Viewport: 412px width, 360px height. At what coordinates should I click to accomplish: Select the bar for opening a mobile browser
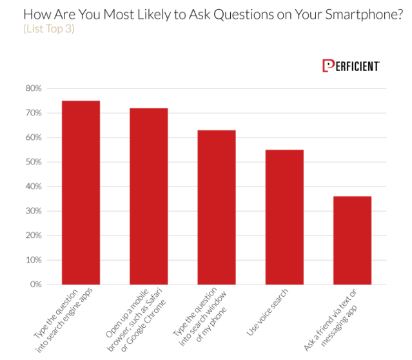[148, 196]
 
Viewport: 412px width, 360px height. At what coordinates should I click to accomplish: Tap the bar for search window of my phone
[216, 207]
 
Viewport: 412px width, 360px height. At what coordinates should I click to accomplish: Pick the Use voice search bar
[284, 217]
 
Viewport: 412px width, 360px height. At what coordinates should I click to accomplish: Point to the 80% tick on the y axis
[34, 88]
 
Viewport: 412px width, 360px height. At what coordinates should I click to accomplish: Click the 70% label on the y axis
[34, 113]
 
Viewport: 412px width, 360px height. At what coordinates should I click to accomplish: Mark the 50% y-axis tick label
[34, 162]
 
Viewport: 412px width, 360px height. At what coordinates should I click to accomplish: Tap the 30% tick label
[34, 211]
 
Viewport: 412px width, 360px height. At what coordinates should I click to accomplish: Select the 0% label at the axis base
[35, 285]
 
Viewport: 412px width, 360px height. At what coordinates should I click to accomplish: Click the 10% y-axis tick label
[34, 260]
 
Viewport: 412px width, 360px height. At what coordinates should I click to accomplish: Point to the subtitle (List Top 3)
[49, 29]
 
